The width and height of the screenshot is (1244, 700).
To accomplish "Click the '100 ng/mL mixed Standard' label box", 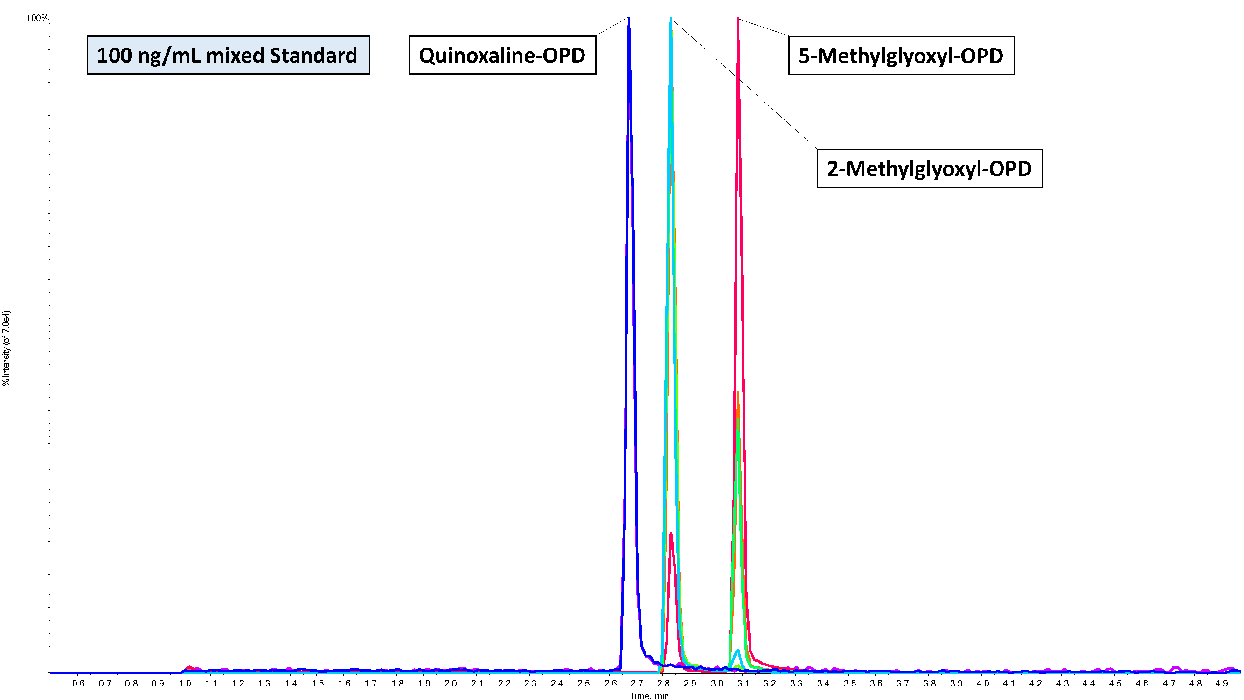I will click(228, 55).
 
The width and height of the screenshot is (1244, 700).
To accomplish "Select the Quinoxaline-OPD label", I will click(502, 55).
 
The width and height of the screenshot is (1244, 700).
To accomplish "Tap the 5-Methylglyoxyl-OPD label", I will click(901, 56).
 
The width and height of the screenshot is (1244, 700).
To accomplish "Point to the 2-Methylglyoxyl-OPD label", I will click(930, 168).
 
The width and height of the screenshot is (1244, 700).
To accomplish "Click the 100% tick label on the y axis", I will click(38, 18).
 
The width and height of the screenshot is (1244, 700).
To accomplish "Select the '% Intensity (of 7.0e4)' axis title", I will click(6, 348).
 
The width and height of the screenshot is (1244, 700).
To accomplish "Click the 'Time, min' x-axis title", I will click(649, 696).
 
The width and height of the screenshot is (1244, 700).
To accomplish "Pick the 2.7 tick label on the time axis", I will click(637, 683).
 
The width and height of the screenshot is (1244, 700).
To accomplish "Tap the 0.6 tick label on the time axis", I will click(78, 683).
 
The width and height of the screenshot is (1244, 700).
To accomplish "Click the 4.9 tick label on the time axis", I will click(1222, 683).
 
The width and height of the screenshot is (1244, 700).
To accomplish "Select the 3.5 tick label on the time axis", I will click(850, 683).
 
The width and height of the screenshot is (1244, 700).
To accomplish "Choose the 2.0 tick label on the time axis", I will click(451, 683).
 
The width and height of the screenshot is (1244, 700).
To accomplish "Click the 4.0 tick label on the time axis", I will click(983, 683).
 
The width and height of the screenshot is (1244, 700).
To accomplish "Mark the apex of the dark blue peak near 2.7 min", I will click(629, 19).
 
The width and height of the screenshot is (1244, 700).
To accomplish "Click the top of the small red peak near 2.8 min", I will click(671, 533).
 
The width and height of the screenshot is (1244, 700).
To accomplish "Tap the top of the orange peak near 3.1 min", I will click(738, 392).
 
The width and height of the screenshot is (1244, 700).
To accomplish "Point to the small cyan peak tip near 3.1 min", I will click(738, 650).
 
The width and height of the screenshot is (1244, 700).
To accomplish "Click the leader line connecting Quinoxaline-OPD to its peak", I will click(612, 27).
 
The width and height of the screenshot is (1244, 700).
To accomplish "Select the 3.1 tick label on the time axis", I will click(743, 683).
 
